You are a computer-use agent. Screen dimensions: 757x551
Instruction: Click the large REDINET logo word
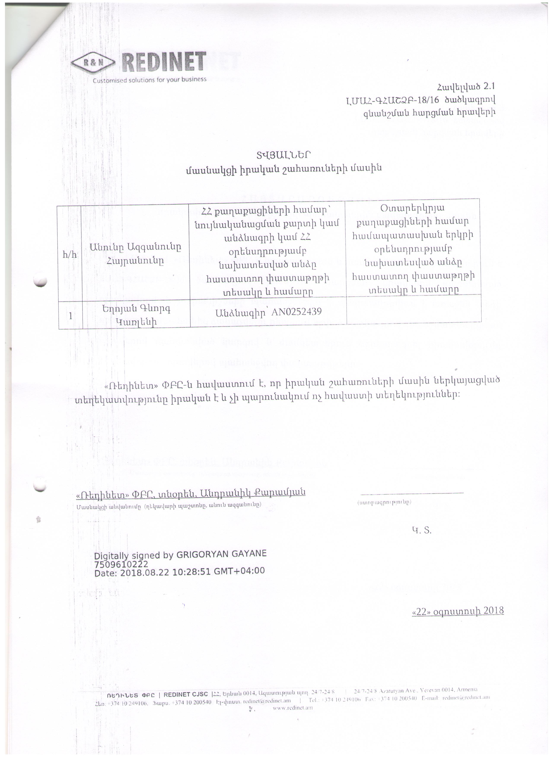pyautogui.click(x=163, y=62)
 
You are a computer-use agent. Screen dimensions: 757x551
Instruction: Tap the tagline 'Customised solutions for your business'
pyautogui.click(x=150, y=80)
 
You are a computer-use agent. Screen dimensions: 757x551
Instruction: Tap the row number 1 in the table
pyautogui.click(x=70, y=315)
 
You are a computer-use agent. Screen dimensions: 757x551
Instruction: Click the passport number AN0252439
pyautogui.click(x=297, y=312)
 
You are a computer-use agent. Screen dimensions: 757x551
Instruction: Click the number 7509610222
pyautogui.click(x=121, y=564)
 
